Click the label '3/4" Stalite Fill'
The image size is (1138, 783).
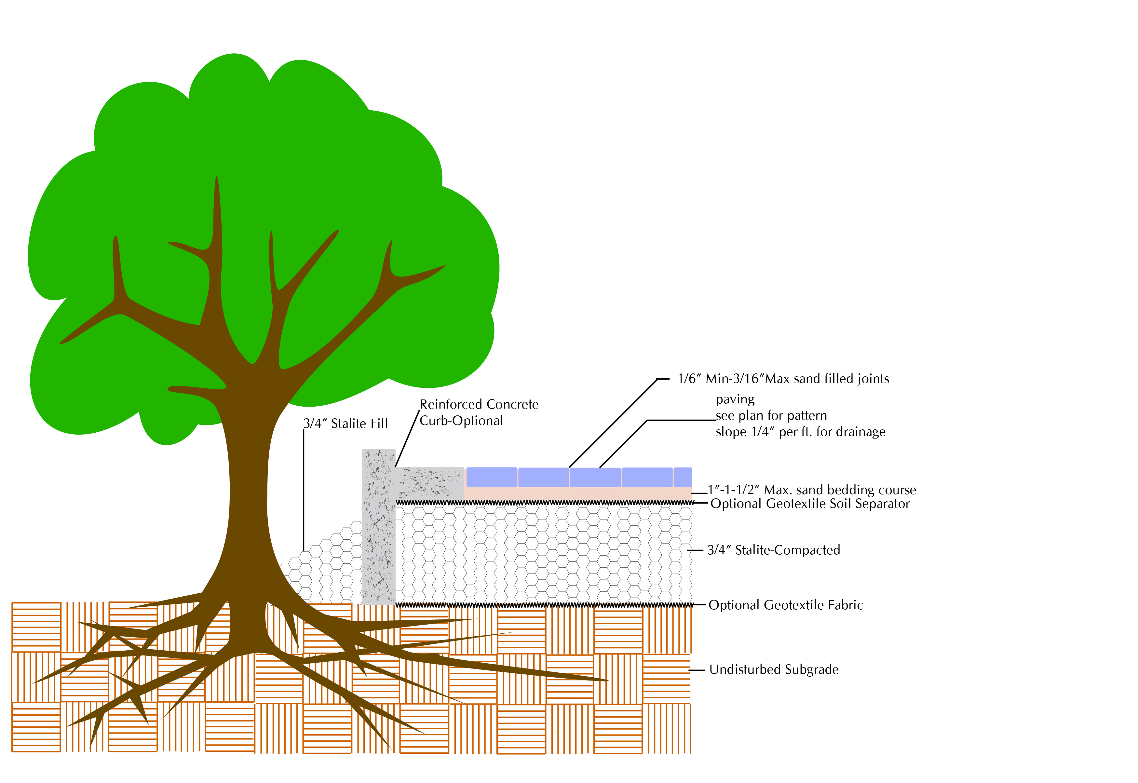[x=345, y=424]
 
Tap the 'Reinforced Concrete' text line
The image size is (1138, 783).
[x=479, y=404]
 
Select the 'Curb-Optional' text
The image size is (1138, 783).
[x=461, y=421]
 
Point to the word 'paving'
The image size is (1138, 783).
[x=735, y=399]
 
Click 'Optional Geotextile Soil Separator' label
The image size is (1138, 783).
[x=810, y=504]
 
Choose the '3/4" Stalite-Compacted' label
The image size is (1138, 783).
[x=774, y=550]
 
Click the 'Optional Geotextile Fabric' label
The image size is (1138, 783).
[x=785, y=605]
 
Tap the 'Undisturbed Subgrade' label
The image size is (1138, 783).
[x=774, y=670]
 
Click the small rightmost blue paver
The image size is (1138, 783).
[x=683, y=477]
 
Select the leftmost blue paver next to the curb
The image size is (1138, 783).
[x=492, y=477]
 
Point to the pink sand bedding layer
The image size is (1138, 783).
[x=579, y=493]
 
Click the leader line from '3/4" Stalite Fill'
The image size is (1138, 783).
[x=303, y=491]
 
